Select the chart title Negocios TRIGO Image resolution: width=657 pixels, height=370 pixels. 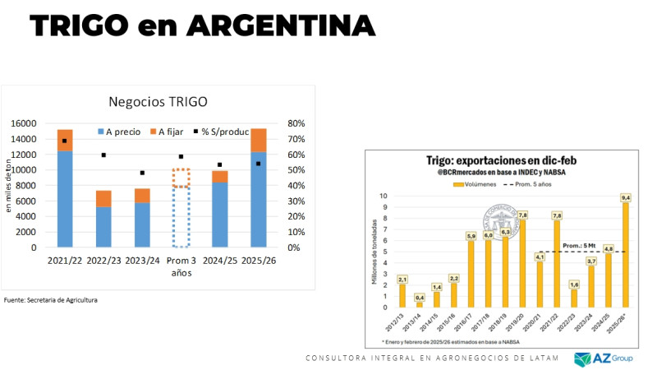[159, 102]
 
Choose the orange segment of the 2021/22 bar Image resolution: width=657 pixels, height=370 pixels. [65, 140]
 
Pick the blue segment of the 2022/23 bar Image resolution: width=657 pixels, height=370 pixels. [103, 226]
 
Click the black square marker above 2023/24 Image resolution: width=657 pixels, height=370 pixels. [143, 173]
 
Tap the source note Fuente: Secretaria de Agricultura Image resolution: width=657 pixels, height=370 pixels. [51, 300]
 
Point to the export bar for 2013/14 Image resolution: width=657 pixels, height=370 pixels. [420, 304]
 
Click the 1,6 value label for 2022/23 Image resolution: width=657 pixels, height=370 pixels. [573, 284]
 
